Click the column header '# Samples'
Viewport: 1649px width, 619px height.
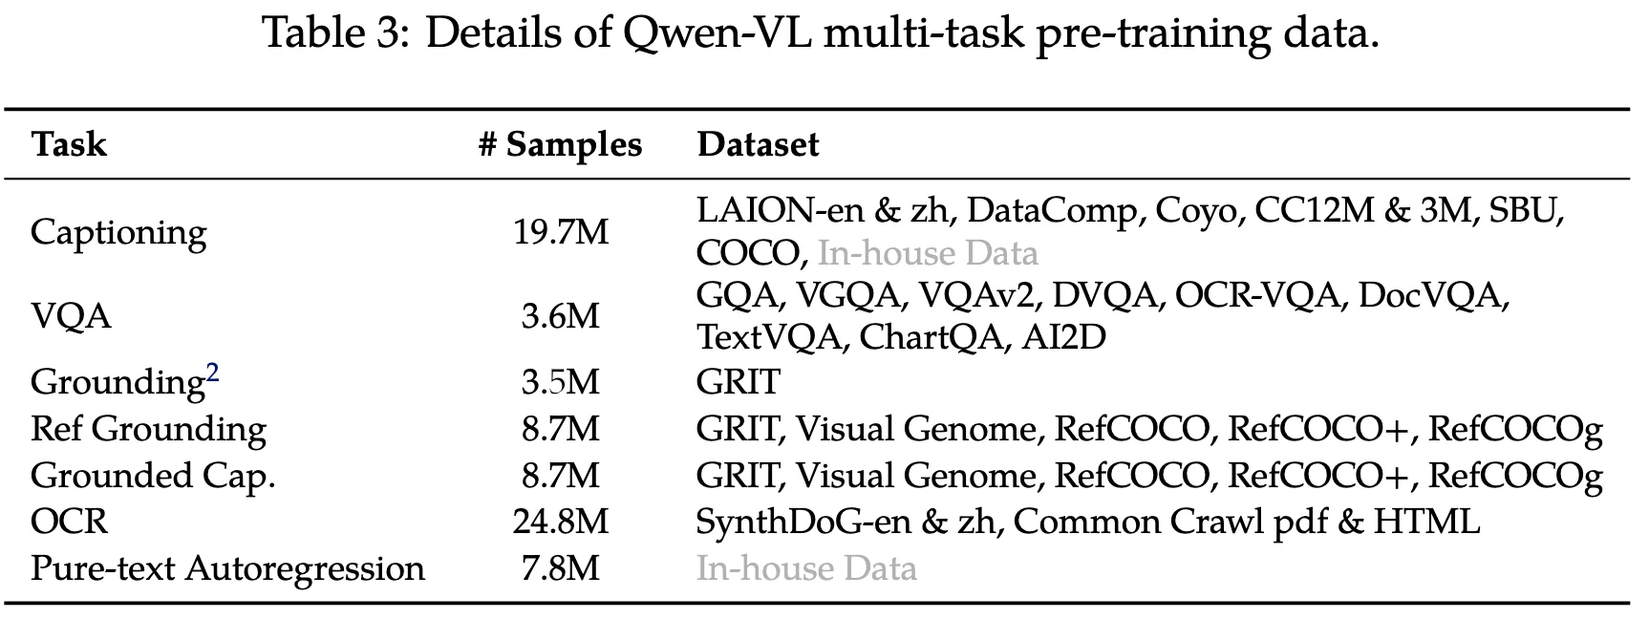coord(560,144)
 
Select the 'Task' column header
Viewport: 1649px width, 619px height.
coord(69,144)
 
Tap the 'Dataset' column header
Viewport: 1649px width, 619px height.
coord(758,144)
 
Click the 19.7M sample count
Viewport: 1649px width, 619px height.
coord(561,232)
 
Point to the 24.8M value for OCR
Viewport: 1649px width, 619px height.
coord(561,522)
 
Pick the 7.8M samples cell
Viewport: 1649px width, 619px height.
coord(561,568)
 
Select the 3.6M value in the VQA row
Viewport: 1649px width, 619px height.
coord(561,316)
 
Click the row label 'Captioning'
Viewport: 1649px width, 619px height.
coord(118,232)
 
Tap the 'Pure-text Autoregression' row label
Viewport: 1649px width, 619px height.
coord(227,568)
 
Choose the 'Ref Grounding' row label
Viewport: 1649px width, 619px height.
coord(148,429)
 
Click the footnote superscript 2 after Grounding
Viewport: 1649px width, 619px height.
coord(212,373)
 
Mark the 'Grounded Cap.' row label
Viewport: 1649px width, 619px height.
coord(153,476)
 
